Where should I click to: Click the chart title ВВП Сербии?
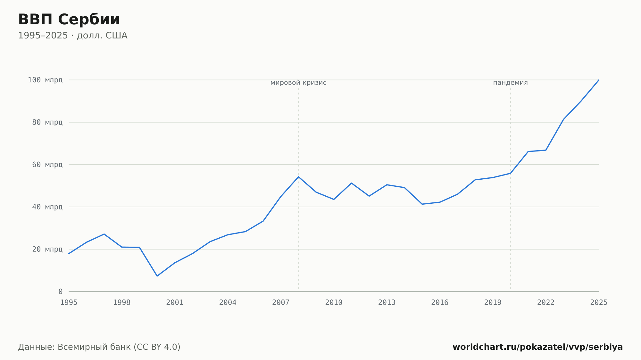69,20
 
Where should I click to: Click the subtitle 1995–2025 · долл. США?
73,36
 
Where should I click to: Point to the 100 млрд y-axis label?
45,80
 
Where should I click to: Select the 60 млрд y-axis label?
47,165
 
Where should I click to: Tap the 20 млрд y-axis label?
47,249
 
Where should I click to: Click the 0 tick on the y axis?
61,291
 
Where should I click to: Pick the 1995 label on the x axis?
69,303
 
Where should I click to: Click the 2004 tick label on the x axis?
228,303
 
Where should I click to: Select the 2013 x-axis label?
387,303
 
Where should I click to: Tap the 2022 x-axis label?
546,303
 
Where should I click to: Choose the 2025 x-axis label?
599,303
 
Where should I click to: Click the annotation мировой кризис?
298,83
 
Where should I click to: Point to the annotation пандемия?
510,83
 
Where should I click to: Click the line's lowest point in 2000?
157,276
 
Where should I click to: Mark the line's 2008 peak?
298,177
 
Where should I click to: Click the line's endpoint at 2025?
599,80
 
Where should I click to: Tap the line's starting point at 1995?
69,254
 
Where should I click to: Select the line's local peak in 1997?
104,234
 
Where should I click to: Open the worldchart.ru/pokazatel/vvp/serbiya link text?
538,347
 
